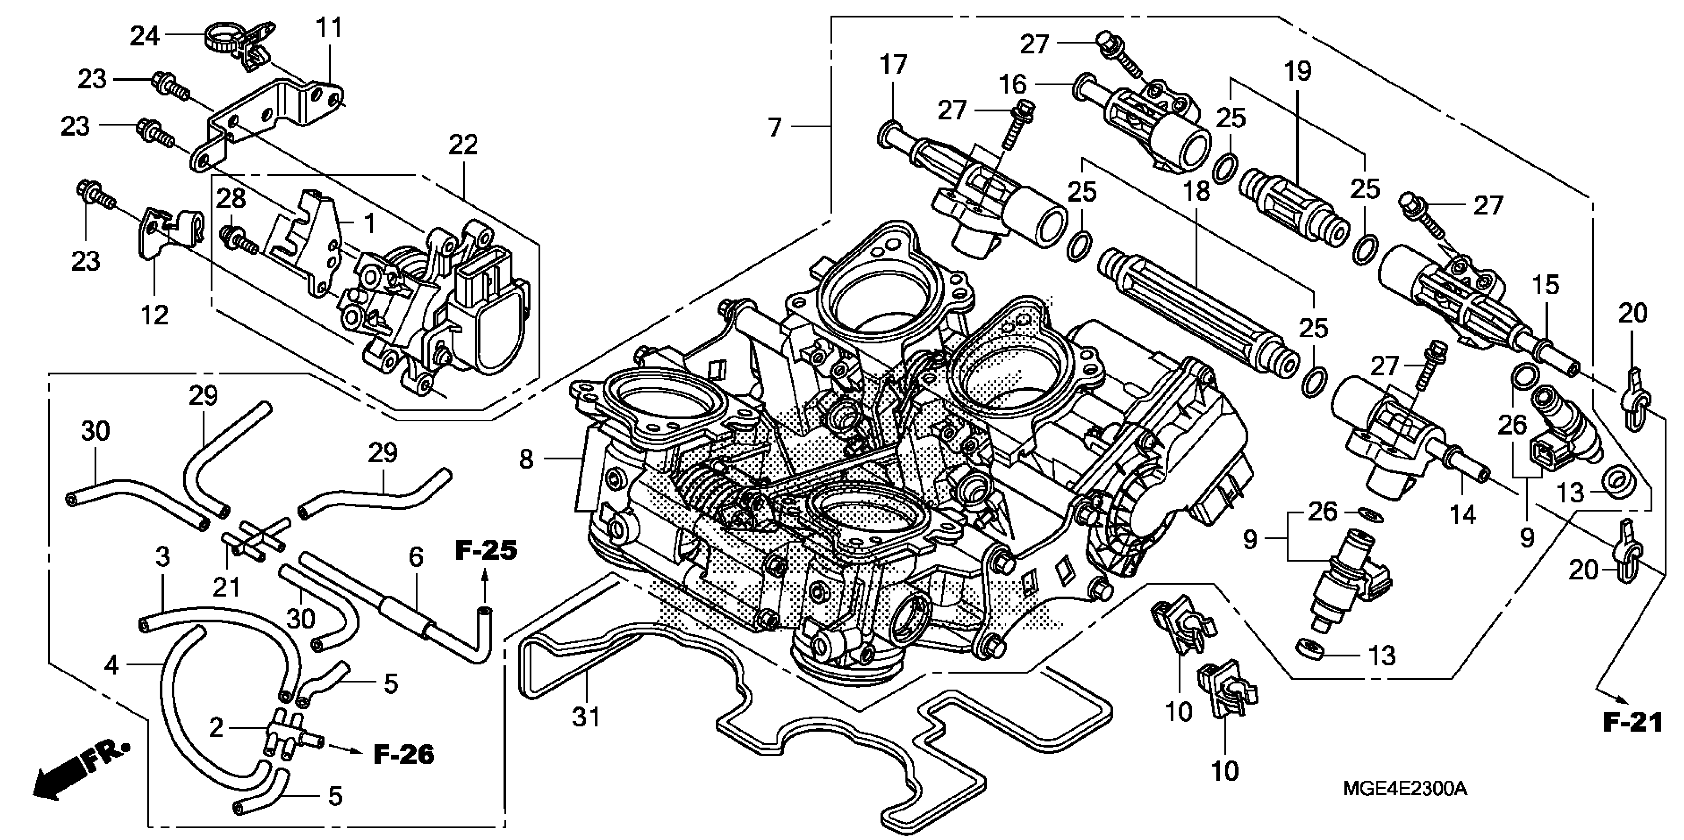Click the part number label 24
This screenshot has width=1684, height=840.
click(144, 36)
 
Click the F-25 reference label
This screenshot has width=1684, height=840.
click(485, 550)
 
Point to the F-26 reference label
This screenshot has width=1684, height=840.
click(403, 755)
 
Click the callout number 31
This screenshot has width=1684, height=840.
click(586, 717)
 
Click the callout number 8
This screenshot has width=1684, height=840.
click(526, 459)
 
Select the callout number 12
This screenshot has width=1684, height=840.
click(155, 315)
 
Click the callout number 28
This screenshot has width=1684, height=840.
click(231, 198)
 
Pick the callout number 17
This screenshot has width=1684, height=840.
click(893, 65)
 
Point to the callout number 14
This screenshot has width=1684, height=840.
click(1463, 514)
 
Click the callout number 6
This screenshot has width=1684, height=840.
click(416, 557)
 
